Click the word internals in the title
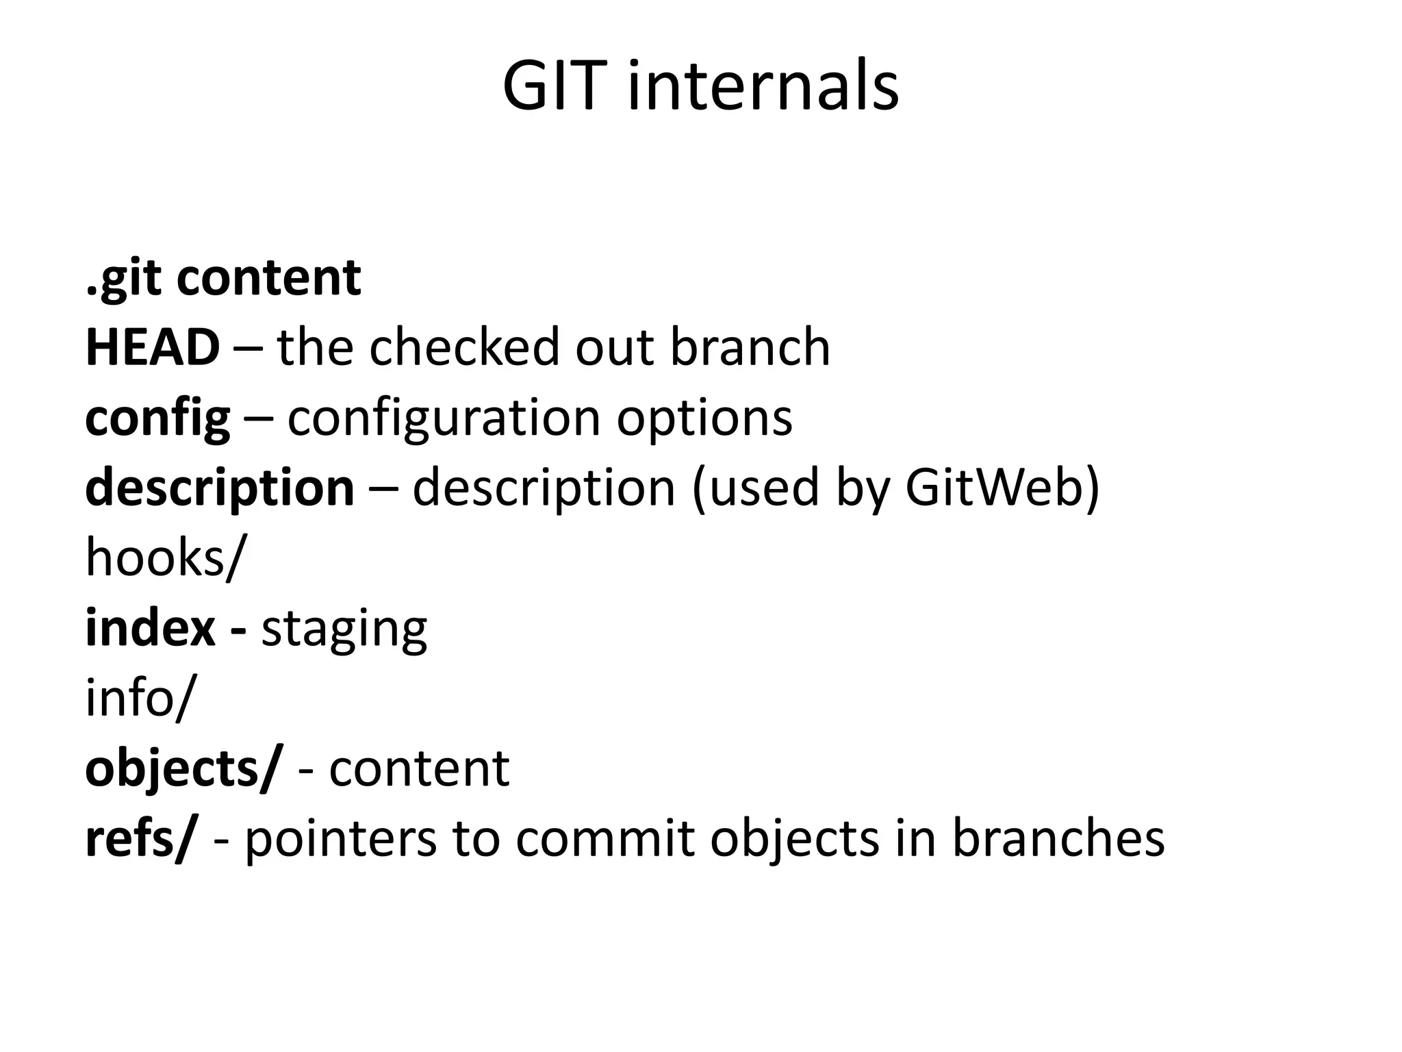pyautogui.click(x=763, y=87)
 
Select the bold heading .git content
pyautogui.click(x=223, y=279)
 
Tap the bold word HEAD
pyautogui.click(x=152, y=348)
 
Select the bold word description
pyautogui.click(x=220, y=489)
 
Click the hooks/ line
pyautogui.click(x=164, y=558)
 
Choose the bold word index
pyautogui.click(x=150, y=629)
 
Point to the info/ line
pyautogui.click(x=140, y=699)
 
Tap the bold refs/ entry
pyautogui.click(x=140, y=840)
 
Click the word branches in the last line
pyautogui.click(x=1058, y=840)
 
